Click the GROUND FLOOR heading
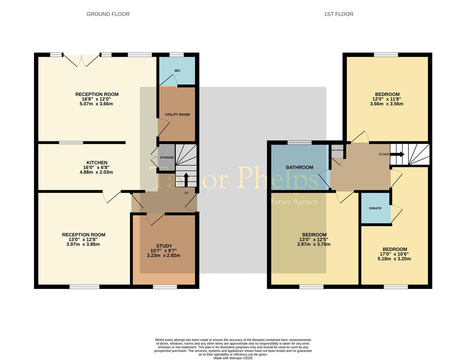click(x=108, y=14)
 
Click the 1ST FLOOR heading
click(x=338, y=14)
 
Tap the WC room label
click(x=177, y=71)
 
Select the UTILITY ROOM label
click(x=177, y=115)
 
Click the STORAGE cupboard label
click(x=167, y=157)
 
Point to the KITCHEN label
click(x=97, y=163)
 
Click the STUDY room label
click(x=164, y=246)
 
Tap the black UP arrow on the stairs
click(x=186, y=179)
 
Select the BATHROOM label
click(x=299, y=167)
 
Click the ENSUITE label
click(x=375, y=208)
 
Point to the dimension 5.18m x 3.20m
click(x=394, y=259)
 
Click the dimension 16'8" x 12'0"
click(x=97, y=99)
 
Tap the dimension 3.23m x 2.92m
click(x=164, y=256)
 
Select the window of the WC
click(x=177, y=55)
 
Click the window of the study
click(x=165, y=287)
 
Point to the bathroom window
click(x=299, y=143)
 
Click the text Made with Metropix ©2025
click(x=233, y=358)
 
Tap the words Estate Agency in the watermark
click(x=294, y=202)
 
